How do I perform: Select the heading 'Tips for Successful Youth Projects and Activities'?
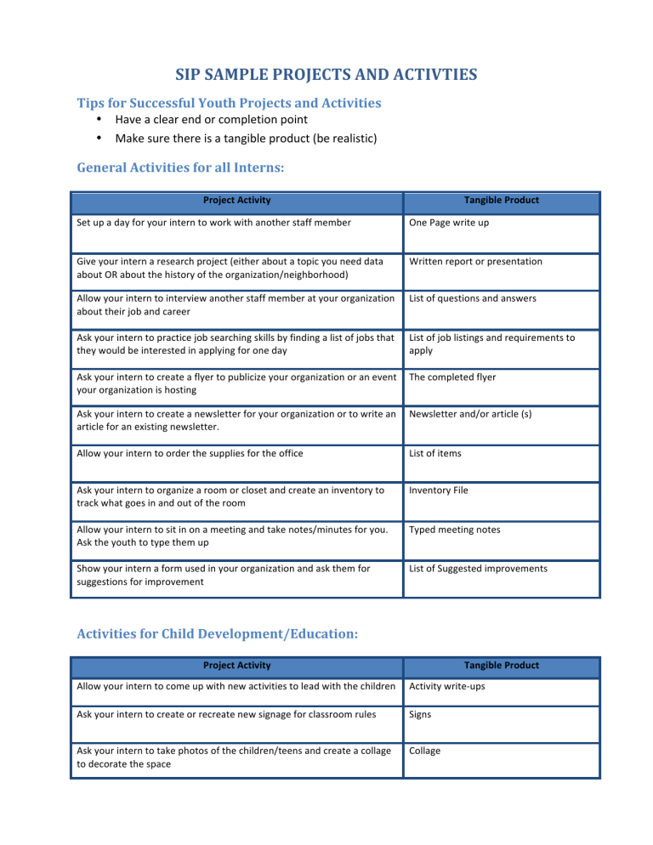coord(230,103)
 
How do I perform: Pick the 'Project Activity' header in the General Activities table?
coord(237,201)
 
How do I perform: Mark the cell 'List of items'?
coord(435,454)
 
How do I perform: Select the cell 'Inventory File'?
coord(438,491)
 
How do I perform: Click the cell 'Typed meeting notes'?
coord(454,530)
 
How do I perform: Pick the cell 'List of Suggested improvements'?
coord(475,569)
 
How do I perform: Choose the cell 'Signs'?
coord(420,715)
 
